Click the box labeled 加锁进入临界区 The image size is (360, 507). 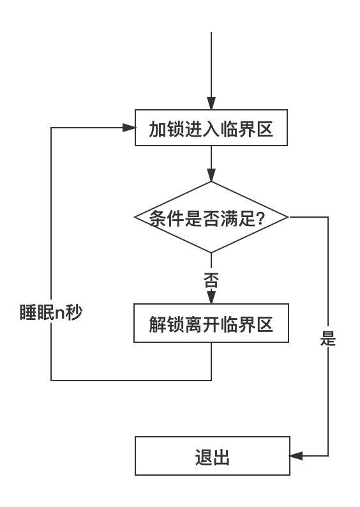tap(211, 128)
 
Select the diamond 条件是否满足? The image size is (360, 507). tap(211, 217)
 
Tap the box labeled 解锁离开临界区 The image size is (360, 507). tap(211, 323)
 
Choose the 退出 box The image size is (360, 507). tap(213, 456)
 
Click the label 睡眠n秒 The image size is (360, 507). tap(51, 312)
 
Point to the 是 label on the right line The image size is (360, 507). tap(328, 338)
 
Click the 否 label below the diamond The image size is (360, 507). tap(211, 280)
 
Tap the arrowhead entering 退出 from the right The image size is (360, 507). tap(296, 456)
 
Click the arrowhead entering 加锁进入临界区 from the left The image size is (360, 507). tap(129, 128)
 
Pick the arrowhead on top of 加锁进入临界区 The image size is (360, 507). tap(211, 103)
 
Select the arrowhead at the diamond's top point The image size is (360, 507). tap(211, 175)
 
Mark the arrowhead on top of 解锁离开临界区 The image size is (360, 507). tap(211, 298)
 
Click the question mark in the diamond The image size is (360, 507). tap(260, 218)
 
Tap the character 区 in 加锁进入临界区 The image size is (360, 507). tap(265, 130)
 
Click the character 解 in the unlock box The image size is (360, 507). tap(158, 324)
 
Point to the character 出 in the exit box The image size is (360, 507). tap(221, 458)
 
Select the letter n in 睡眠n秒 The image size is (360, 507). tap(60, 314)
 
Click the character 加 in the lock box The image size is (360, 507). tap(158, 130)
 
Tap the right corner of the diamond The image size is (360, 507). tap(288, 217)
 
